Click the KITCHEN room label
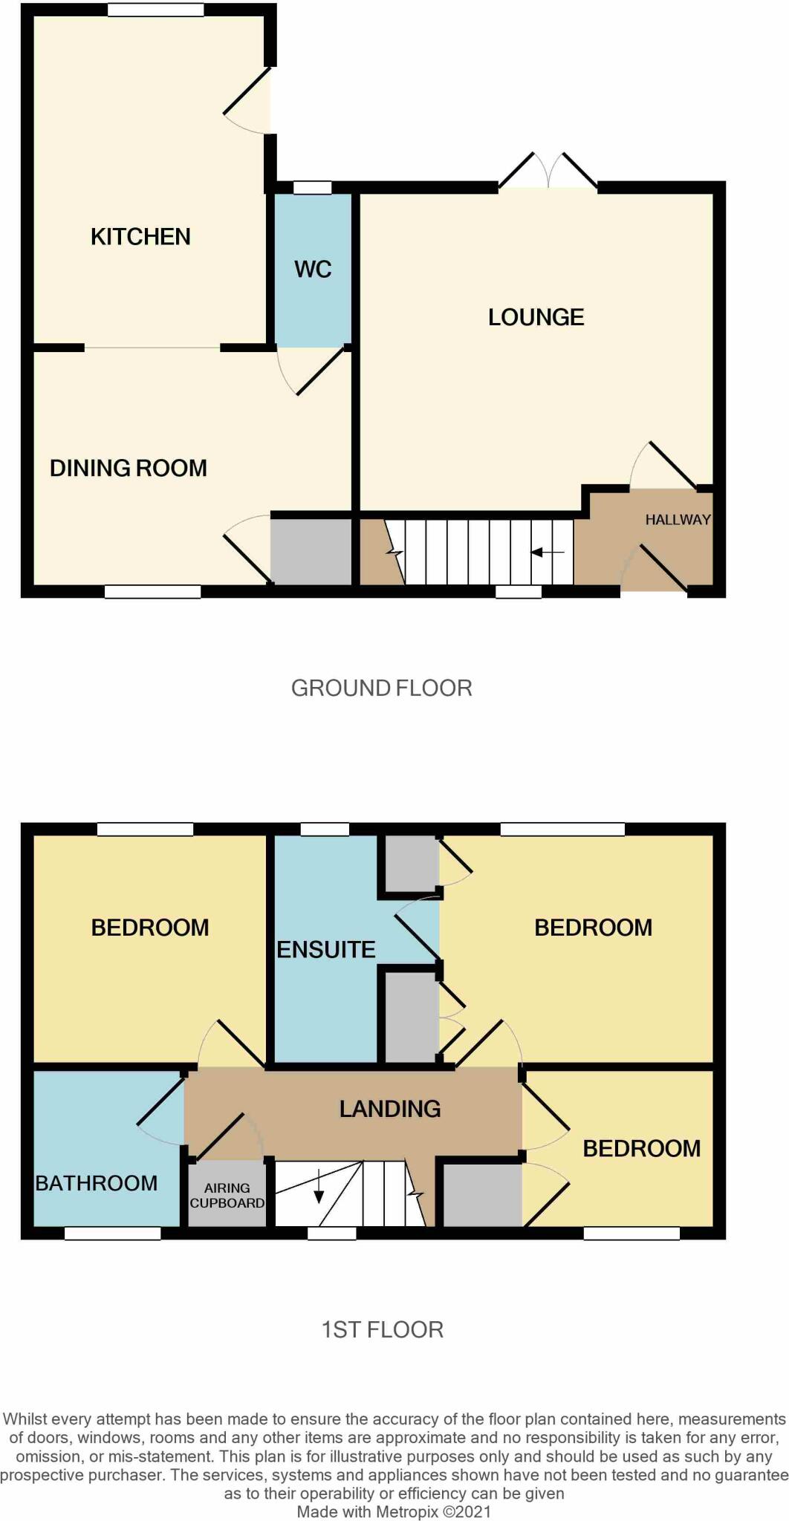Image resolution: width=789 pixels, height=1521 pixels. click(x=140, y=237)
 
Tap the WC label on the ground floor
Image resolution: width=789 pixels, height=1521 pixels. click(x=313, y=270)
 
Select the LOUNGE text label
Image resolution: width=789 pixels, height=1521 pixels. click(x=536, y=318)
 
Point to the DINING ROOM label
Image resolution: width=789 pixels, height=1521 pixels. click(x=129, y=469)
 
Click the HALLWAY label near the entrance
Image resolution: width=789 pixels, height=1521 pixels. click(x=678, y=520)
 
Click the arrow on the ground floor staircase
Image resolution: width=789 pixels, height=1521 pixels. click(x=548, y=553)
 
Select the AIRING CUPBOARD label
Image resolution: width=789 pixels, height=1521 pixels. click(x=227, y=1196)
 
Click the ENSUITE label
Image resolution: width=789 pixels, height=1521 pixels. click(x=326, y=950)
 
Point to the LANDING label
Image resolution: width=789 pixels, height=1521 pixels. click(x=390, y=1109)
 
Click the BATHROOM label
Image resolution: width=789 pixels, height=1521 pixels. click(x=97, y=1183)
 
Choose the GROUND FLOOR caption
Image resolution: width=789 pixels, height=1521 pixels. click(x=381, y=688)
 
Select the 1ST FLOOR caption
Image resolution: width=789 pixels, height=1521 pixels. click(x=382, y=1329)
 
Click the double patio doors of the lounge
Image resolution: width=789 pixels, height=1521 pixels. click(x=548, y=173)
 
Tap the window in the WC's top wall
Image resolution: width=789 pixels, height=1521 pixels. click(x=312, y=188)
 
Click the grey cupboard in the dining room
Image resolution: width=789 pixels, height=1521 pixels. click(x=311, y=551)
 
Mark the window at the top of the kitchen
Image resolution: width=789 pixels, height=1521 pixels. click(x=155, y=10)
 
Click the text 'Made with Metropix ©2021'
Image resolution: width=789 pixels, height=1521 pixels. click(x=394, y=1512)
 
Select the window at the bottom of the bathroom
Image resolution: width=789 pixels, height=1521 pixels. click(x=112, y=1234)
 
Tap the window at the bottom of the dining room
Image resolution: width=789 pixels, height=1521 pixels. click(x=152, y=592)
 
